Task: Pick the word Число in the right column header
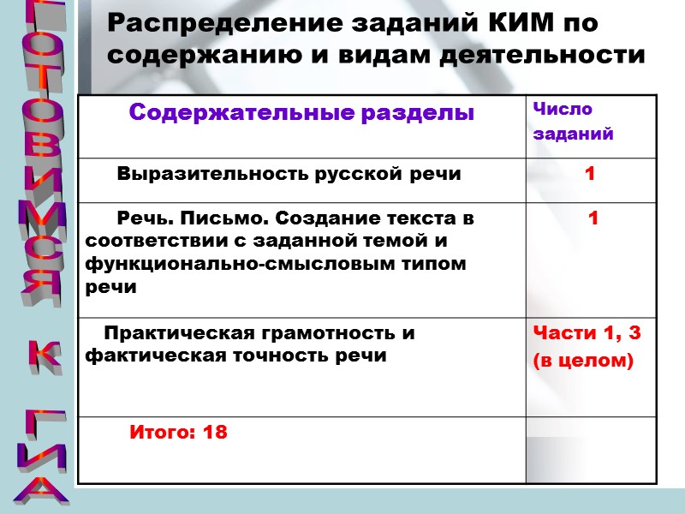click(x=563, y=110)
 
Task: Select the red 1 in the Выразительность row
click(x=589, y=174)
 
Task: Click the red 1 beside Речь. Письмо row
click(x=593, y=219)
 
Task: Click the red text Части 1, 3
click(x=587, y=333)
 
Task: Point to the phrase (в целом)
click(x=583, y=362)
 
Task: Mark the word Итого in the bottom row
click(x=164, y=433)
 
